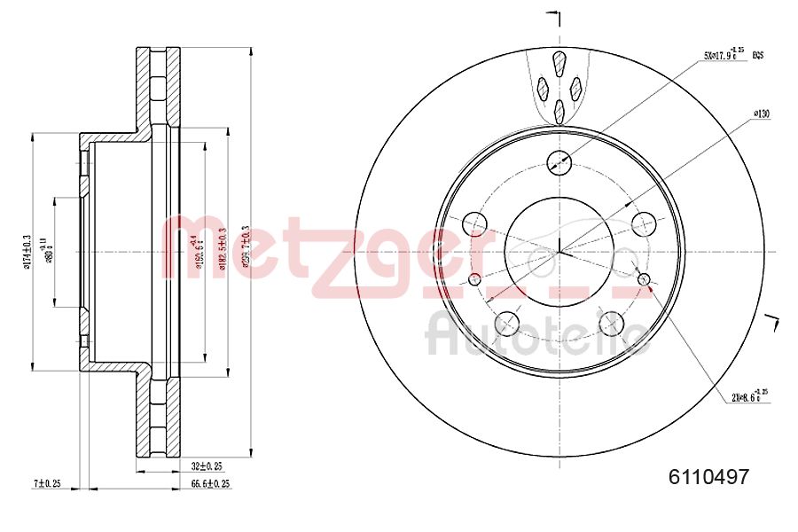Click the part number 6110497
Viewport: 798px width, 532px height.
coord(708,476)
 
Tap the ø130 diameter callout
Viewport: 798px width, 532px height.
coord(760,113)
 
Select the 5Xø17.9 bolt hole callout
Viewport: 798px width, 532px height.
coord(723,55)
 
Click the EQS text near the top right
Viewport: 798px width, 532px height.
coord(758,55)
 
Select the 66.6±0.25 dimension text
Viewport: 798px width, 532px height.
coord(210,484)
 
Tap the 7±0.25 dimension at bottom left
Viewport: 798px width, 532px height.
coord(47,484)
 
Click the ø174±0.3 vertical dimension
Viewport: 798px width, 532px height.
coord(27,252)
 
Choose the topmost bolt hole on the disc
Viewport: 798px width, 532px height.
coord(559,161)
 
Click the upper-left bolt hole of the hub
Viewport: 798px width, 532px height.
coord(475,222)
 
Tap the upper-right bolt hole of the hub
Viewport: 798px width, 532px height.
coord(644,222)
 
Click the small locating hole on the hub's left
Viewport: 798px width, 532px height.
coord(474,281)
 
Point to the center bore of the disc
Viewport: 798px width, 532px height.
coord(559,252)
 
